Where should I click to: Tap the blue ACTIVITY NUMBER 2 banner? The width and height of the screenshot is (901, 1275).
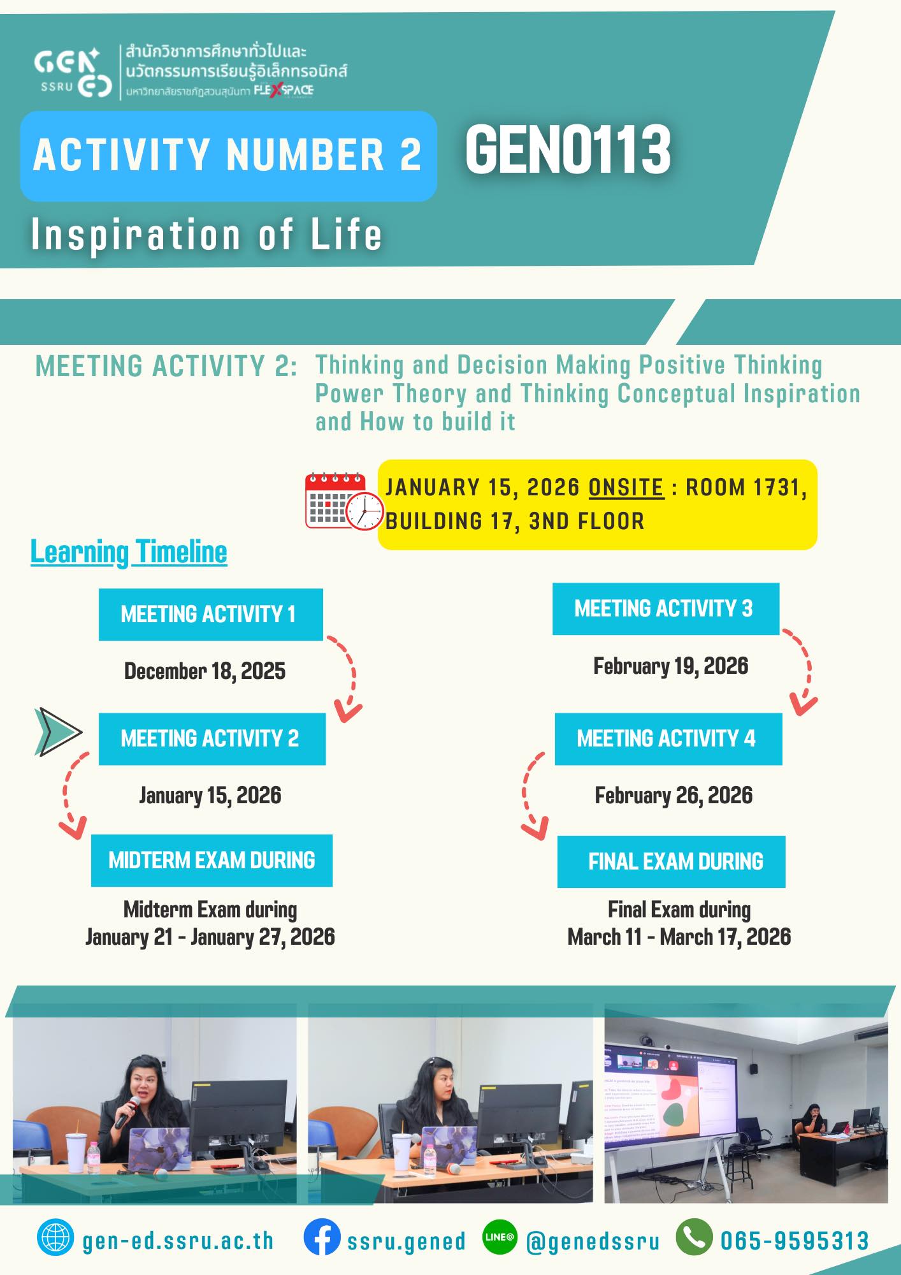pyautogui.click(x=228, y=156)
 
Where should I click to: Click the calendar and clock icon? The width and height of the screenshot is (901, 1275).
pyautogui.click(x=344, y=502)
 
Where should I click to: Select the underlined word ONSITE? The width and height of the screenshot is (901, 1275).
pyautogui.click(x=626, y=488)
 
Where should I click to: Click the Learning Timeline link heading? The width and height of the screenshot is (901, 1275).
pyautogui.click(x=129, y=552)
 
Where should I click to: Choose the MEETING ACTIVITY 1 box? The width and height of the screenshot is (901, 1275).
pyautogui.click(x=210, y=615)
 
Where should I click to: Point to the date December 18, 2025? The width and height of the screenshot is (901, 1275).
pyautogui.click(x=205, y=671)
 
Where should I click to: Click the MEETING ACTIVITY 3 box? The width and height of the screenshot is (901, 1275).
pyautogui.click(x=666, y=609)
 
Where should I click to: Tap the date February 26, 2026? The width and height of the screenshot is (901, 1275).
pyautogui.click(x=674, y=796)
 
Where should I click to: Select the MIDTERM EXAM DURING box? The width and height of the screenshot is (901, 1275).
pyautogui.click(x=212, y=861)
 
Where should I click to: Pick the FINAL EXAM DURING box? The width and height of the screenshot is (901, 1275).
pyautogui.click(x=671, y=862)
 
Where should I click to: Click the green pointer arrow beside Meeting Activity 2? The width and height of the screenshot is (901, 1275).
pyautogui.click(x=58, y=732)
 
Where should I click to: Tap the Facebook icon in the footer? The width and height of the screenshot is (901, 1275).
pyautogui.click(x=322, y=1237)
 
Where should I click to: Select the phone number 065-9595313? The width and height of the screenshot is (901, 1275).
pyautogui.click(x=795, y=1241)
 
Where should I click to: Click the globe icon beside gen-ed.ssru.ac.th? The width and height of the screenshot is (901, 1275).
pyautogui.click(x=55, y=1237)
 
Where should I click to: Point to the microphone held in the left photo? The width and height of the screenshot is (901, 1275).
pyautogui.click(x=127, y=1112)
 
